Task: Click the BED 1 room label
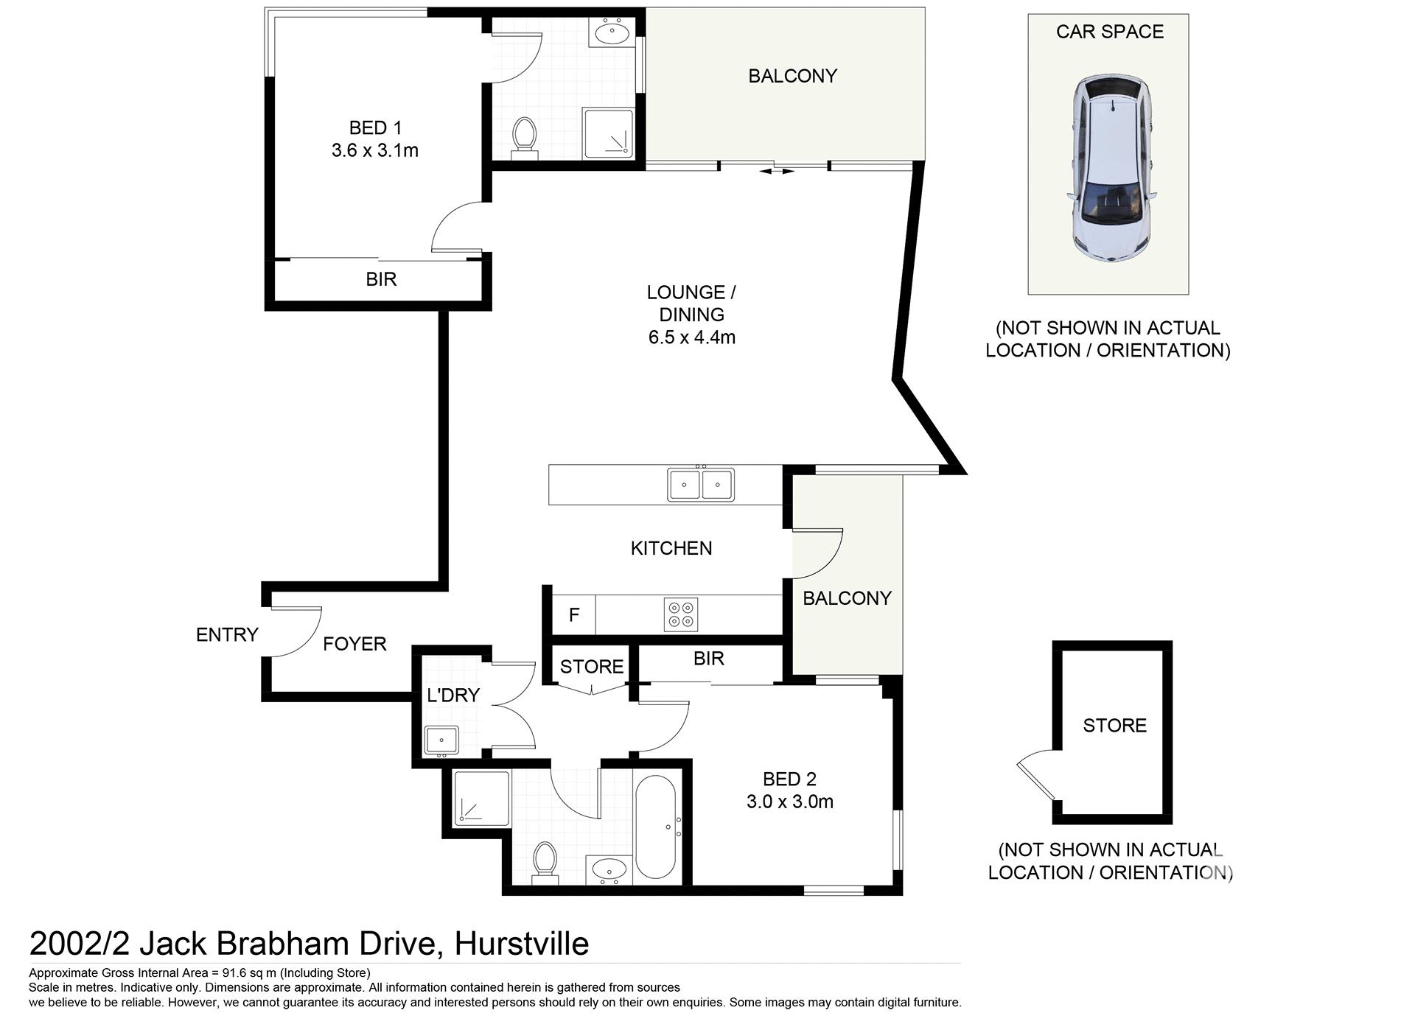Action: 374,127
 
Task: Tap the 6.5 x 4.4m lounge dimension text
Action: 691,337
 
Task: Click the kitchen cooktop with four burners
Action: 681,614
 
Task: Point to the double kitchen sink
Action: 700,485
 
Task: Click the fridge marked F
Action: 574,614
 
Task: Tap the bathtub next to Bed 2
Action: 655,827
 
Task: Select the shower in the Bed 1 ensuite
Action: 607,133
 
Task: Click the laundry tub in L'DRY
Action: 441,740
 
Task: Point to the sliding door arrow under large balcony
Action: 777,172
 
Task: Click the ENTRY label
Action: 227,634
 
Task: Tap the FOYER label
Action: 354,644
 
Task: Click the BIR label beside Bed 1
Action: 381,279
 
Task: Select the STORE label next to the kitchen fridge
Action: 591,667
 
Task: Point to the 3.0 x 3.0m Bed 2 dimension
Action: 789,802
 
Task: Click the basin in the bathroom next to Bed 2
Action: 609,870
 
